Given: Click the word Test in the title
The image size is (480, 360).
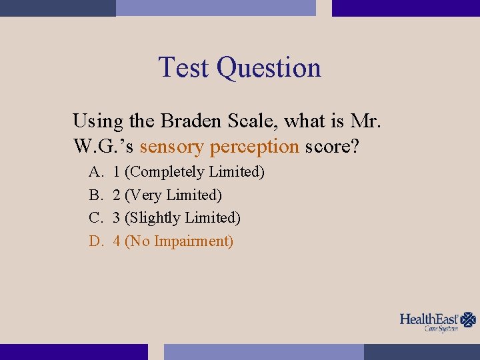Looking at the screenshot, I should (185, 68).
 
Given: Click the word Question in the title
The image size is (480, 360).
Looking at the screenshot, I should (269, 68).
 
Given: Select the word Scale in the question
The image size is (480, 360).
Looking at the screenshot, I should (251, 121).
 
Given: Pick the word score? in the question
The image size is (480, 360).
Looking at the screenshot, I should (332, 145).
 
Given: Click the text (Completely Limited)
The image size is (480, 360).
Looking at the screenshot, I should (195, 172).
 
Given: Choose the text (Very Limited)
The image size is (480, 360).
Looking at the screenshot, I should (173, 195).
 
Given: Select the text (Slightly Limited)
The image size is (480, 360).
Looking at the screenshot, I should (183, 218).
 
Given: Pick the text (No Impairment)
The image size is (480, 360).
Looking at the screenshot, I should (179, 241).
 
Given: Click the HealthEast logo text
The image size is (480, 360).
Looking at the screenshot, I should (429, 319).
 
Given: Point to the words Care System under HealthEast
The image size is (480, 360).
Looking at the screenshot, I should (441, 329).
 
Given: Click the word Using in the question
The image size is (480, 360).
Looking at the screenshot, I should (98, 122).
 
